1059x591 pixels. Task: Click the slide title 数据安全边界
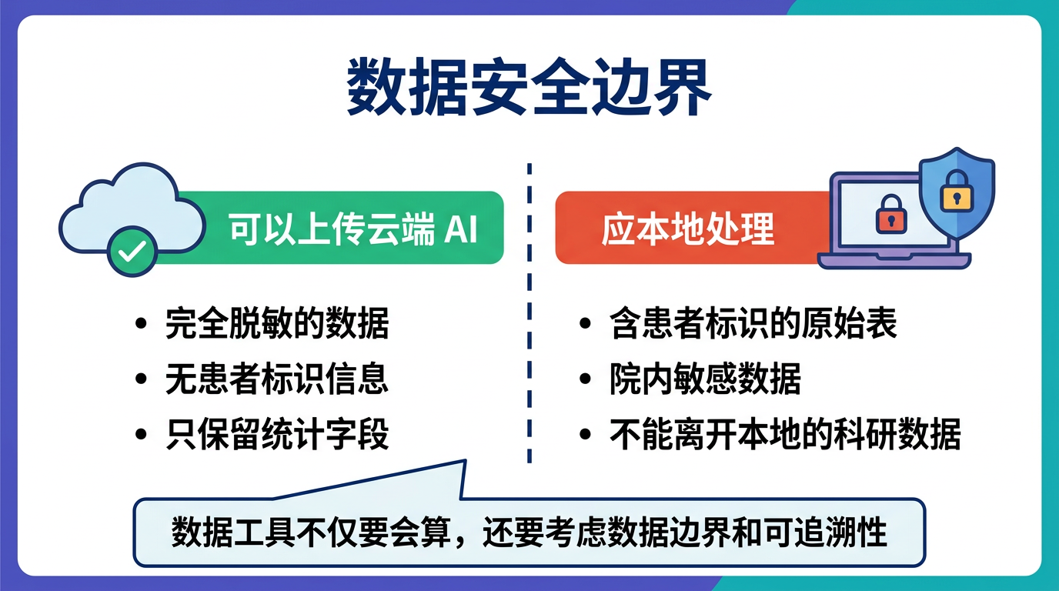[529, 89]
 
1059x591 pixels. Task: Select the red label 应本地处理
[687, 229]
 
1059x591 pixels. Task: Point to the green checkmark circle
[132, 251]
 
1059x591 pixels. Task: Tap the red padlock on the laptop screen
[891, 214]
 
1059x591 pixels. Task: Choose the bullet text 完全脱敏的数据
[277, 323]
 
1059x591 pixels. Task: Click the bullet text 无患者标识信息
[277, 379]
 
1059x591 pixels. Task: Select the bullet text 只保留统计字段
[277, 435]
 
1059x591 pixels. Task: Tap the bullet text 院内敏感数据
[705, 379]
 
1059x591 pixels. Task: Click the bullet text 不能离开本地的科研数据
[785, 435]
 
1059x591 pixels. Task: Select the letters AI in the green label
[461, 229]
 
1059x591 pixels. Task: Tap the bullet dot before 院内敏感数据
[586, 379]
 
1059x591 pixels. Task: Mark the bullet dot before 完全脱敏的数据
[141, 324]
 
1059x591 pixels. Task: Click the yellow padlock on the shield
[957, 191]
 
